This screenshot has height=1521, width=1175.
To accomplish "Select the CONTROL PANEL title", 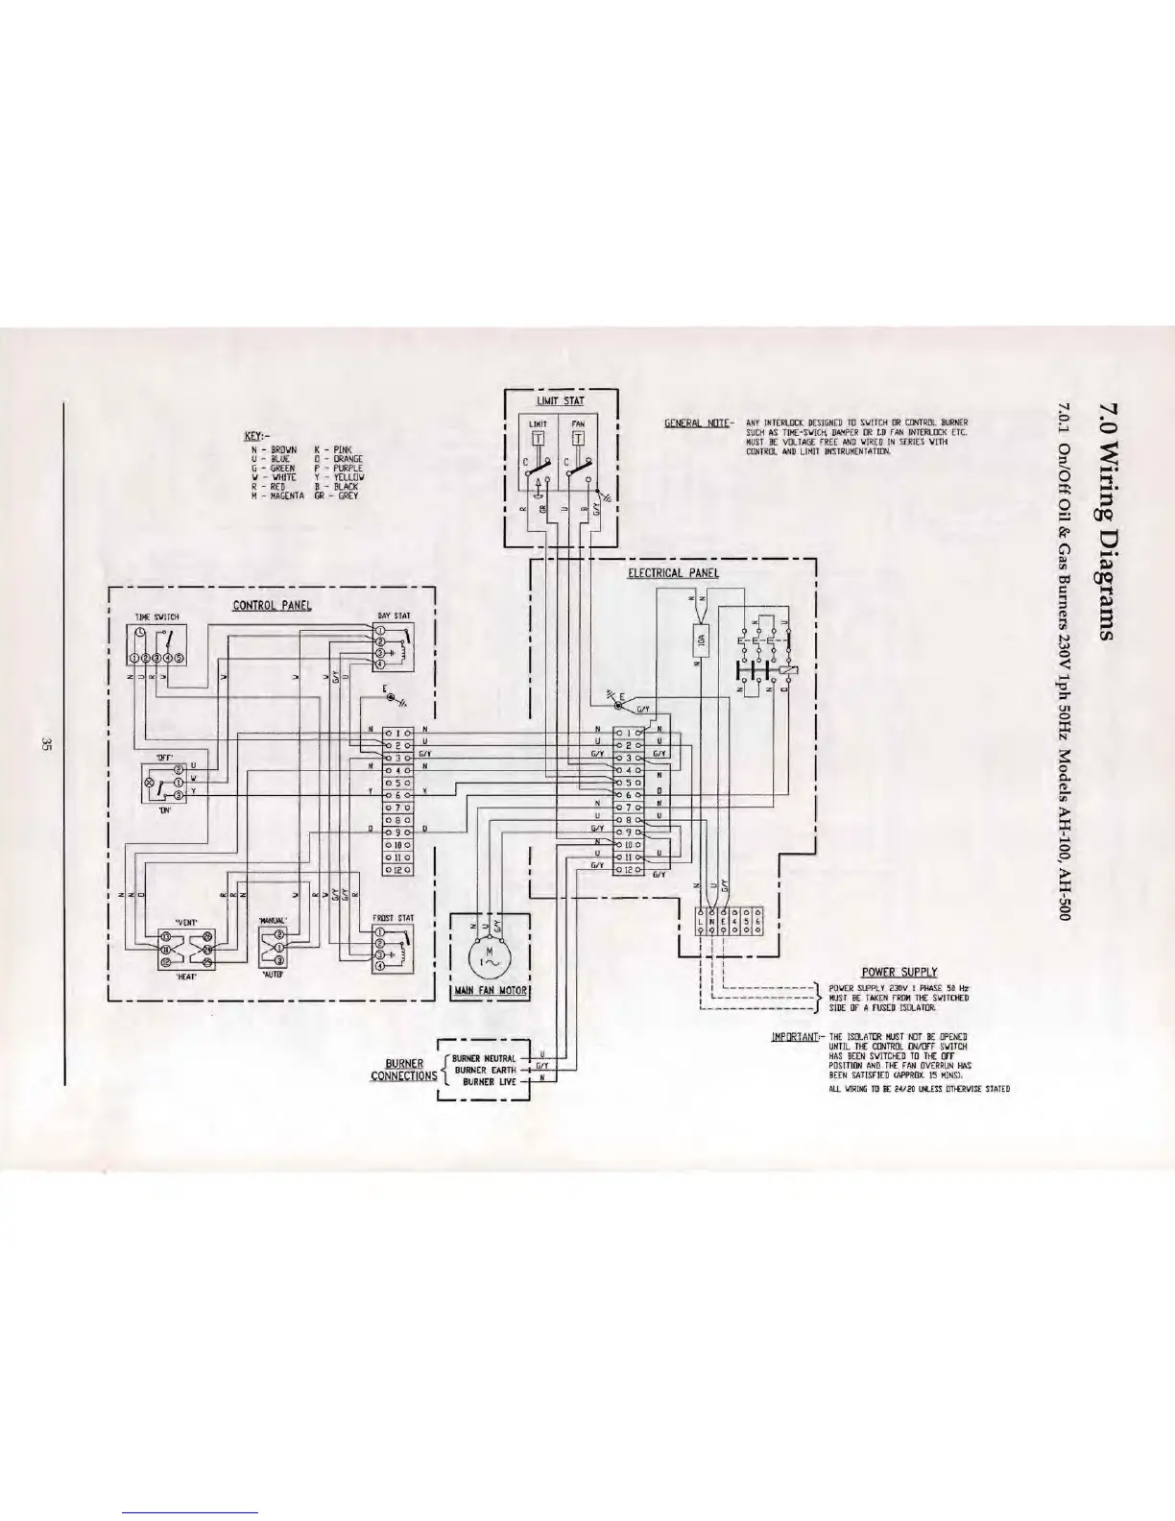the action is [x=272, y=605].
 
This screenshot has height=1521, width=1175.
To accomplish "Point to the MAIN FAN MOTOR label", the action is [x=490, y=990].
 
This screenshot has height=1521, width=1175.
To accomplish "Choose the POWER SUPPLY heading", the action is [x=899, y=972].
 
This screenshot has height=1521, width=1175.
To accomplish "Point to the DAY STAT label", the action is [x=395, y=616].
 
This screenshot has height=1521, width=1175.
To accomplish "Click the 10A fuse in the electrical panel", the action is [x=700, y=638].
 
